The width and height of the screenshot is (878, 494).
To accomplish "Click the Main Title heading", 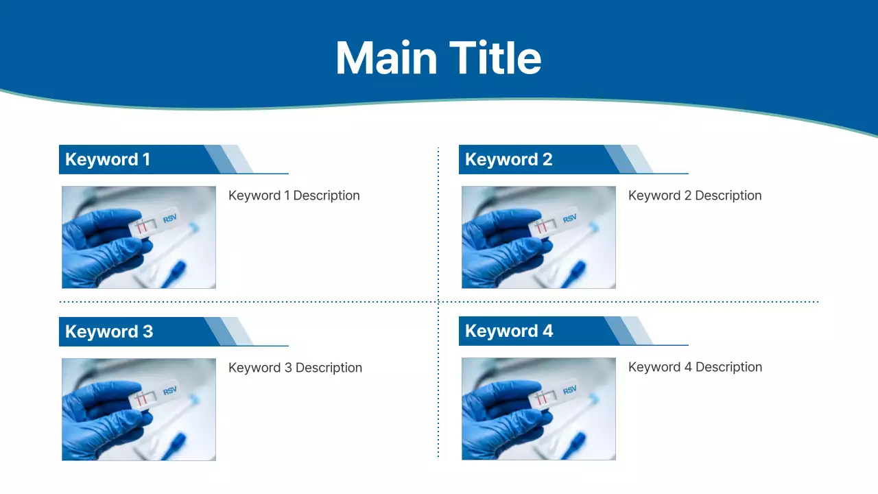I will coord(438,58).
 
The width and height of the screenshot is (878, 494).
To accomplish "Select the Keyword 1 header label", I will coord(108,160).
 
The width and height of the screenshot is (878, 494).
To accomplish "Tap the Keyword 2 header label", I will coord(508,160).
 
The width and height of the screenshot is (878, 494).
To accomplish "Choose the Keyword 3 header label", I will coord(109,332).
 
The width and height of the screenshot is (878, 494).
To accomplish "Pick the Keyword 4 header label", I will coord(509,331).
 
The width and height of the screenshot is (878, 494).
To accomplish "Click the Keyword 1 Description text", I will coord(294,196).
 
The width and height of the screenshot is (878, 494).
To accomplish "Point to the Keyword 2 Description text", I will coord(694,196).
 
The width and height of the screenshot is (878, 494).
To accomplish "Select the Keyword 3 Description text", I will coord(295,368).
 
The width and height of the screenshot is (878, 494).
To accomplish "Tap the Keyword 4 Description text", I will coord(695,367).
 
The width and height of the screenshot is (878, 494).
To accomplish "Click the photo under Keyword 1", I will coord(139,237).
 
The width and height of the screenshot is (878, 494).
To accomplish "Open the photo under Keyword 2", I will coord(538,237).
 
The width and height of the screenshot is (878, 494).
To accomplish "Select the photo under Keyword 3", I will coord(139,410).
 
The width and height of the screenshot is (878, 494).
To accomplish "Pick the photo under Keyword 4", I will coord(538,409).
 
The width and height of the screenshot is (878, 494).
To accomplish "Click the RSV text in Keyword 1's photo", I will coord(169,219).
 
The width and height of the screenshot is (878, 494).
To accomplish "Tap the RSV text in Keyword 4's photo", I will coord(569,390).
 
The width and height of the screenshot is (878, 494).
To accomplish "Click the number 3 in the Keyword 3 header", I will coord(147,332).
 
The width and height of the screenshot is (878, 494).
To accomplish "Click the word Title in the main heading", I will coord(495,58).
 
